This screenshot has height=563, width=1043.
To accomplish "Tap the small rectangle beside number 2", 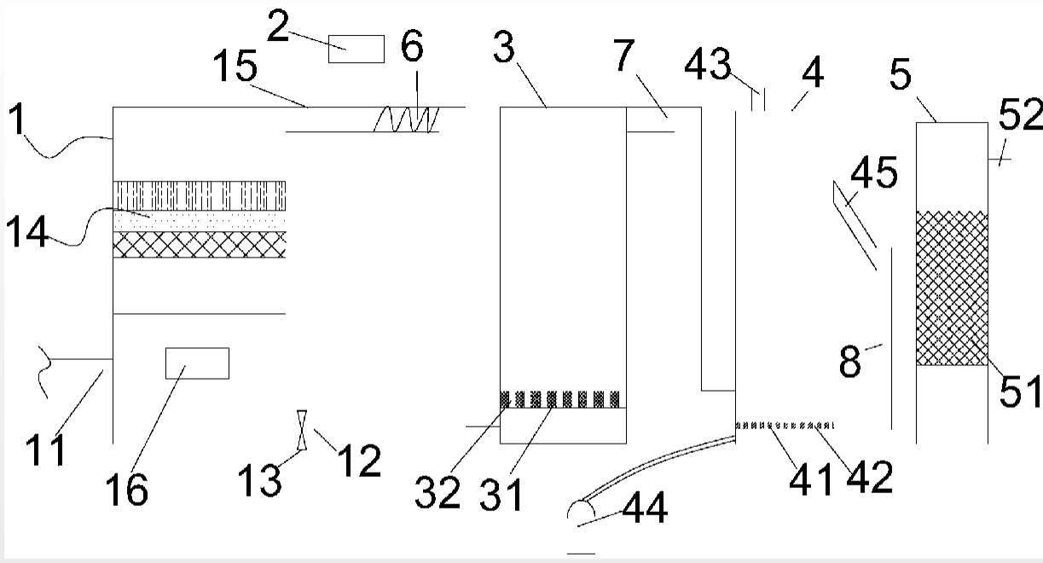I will point(356,49).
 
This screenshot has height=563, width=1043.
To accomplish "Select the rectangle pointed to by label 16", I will point(197,363).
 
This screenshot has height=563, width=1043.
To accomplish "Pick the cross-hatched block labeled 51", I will point(952,287).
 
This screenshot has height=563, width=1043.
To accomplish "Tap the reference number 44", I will point(645,509).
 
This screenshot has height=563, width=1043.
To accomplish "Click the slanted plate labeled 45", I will point(854,225).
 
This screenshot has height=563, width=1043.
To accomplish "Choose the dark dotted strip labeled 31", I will point(563,398).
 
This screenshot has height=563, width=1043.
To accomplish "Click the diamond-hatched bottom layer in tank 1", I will point(200,245).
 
